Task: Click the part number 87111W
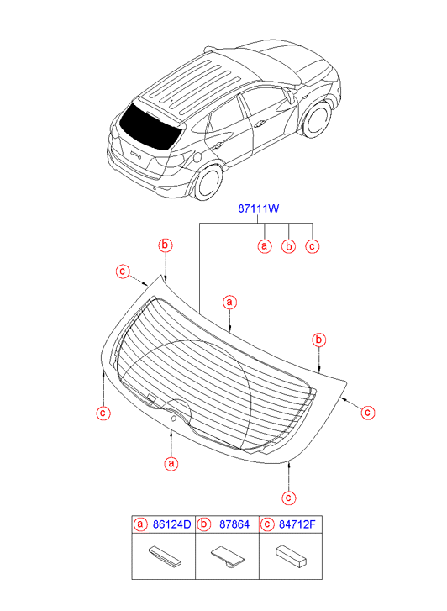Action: (x=259, y=208)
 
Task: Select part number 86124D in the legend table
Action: (x=171, y=524)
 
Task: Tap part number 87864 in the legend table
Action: (x=234, y=524)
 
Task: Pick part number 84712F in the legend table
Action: (x=297, y=524)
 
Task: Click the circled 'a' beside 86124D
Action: (x=140, y=524)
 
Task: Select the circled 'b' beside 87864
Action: (x=203, y=524)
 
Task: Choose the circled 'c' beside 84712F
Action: (x=266, y=524)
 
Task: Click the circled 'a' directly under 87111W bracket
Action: (x=265, y=246)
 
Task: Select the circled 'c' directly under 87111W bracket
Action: (x=313, y=246)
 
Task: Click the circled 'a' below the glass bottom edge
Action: (x=171, y=464)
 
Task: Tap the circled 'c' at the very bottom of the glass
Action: (x=288, y=498)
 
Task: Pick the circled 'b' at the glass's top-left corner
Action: (x=166, y=245)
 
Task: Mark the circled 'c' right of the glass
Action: (x=368, y=413)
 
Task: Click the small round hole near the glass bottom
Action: (x=173, y=419)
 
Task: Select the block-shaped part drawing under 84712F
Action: (x=291, y=556)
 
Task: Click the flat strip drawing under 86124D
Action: (x=165, y=556)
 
